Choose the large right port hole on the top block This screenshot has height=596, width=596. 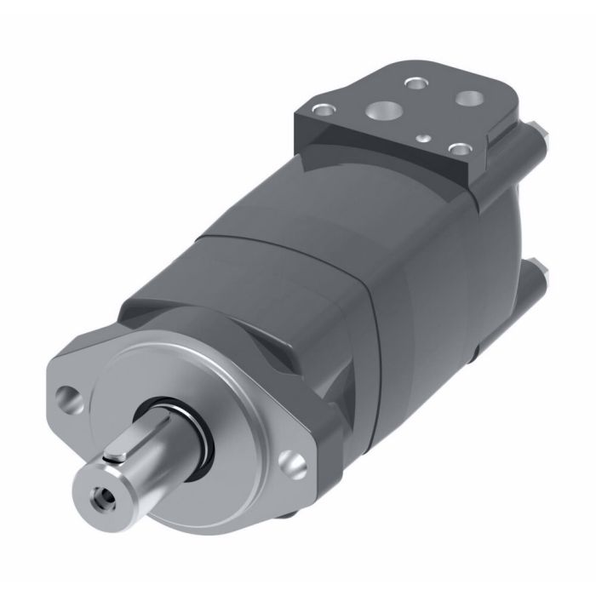468,99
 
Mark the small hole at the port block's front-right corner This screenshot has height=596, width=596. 460,148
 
